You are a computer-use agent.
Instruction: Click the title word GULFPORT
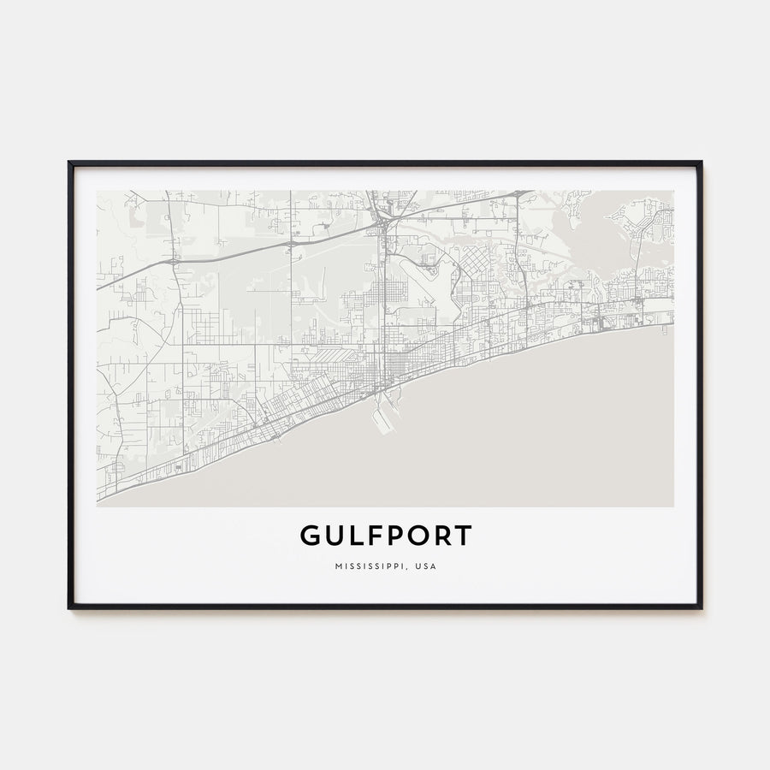[x=385, y=536]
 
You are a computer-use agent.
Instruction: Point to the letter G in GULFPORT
[x=311, y=536]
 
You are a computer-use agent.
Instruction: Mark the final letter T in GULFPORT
[x=462, y=536]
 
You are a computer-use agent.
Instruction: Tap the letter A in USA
[x=433, y=566]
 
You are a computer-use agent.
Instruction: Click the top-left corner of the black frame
[x=69, y=162]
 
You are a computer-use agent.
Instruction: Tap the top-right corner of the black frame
[x=701, y=162]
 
